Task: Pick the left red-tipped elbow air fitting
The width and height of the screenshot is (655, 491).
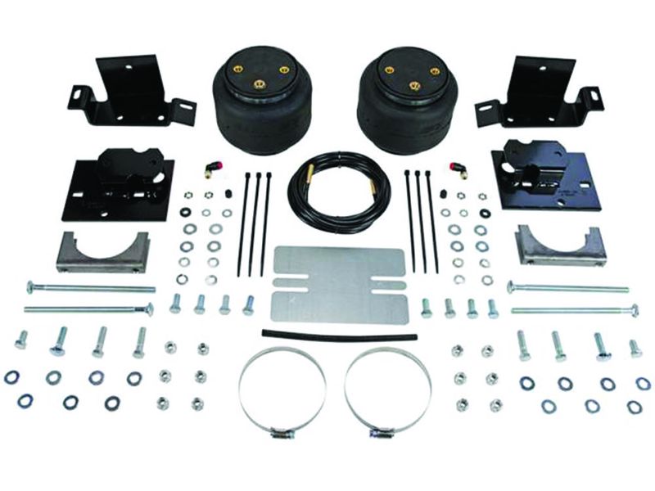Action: coord(208,168)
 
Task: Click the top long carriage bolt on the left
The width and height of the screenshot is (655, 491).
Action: coord(90,287)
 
